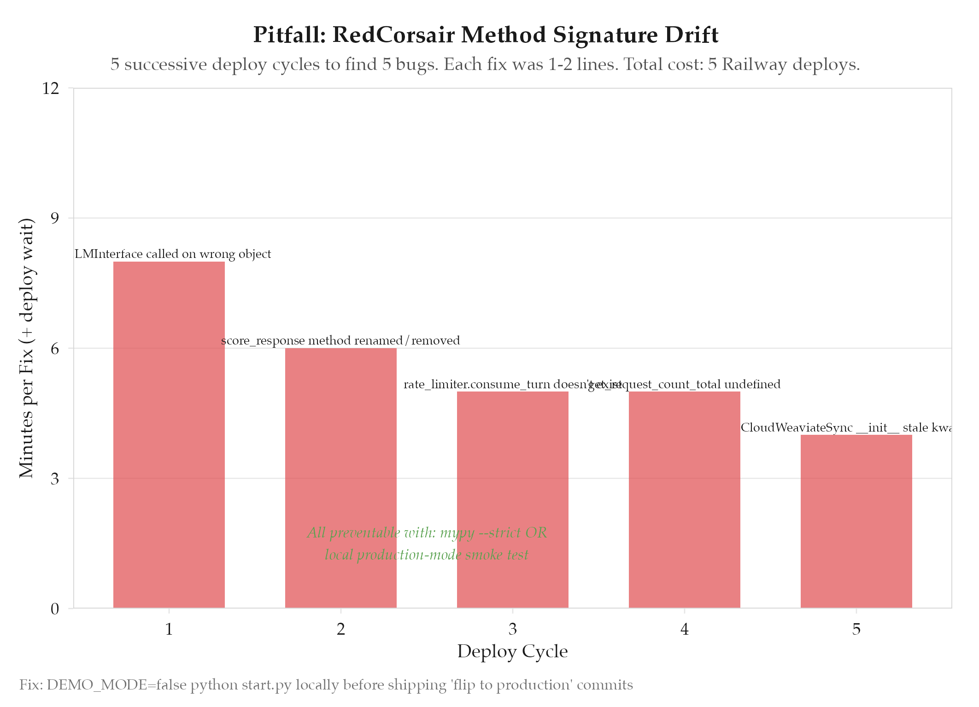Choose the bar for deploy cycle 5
[x=856, y=521]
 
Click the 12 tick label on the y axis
[x=51, y=88]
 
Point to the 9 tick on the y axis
[x=55, y=218]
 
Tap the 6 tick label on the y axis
[x=55, y=349]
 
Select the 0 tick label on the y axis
[x=55, y=609]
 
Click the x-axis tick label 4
[x=684, y=629]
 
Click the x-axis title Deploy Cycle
[x=512, y=651]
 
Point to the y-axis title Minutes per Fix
[x=27, y=348]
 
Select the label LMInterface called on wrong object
[x=173, y=254]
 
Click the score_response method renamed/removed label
[x=340, y=341]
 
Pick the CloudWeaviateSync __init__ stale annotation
[x=845, y=428]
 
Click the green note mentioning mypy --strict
[x=427, y=543]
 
